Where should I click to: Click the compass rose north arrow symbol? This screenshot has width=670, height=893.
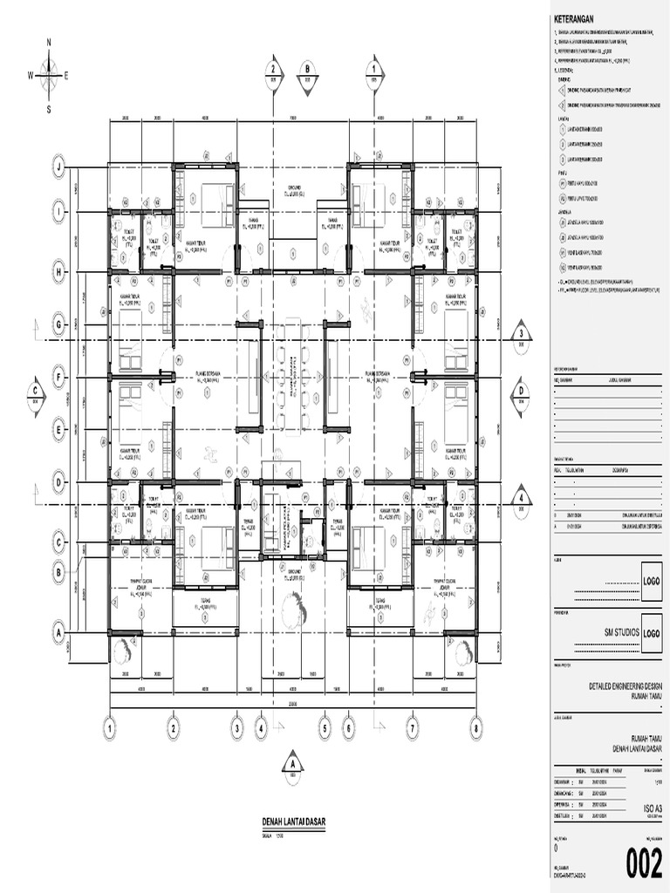coord(50,74)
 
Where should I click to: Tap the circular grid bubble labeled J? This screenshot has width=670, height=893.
coord(59,165)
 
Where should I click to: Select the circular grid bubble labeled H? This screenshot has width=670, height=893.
coord(59,273)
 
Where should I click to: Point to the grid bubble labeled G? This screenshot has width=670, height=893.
coord(59,324)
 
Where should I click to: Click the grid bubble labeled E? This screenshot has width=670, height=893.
coord(59,429)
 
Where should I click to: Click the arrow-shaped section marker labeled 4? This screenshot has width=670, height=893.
coord(520,499)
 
